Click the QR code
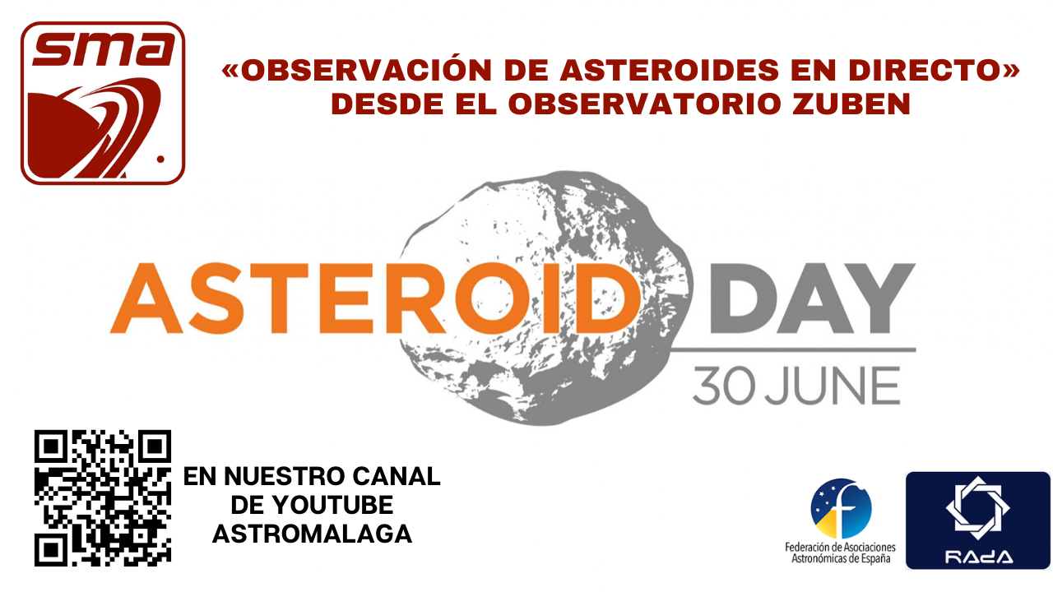(103, 498)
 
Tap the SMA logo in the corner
(103, 103)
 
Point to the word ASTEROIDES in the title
(670, 71)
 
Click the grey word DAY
(812, 298)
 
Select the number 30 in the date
(724, 386)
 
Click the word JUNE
(833, 386)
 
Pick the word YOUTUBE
(332, 505)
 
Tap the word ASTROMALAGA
(312, 534)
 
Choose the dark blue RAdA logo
(978, 520)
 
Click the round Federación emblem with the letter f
(841, 508)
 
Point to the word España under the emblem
(875, 558)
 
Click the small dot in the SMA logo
(160, 160)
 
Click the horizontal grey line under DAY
(792, 349)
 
